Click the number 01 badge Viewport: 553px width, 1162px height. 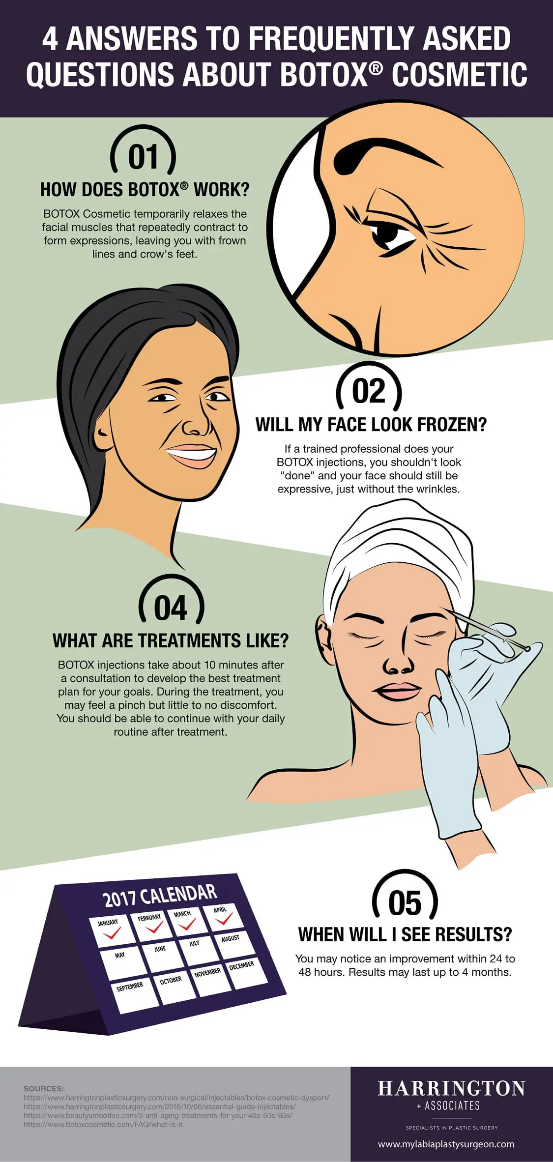pyautogui.click(x=143, y=157)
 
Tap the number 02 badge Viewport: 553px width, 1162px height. pyautogui.click(x=369, y=391)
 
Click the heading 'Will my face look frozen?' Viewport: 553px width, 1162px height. pyautogui.click(x=371, y=425)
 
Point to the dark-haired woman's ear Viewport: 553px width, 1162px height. pyautogui.click(x=104, y=433)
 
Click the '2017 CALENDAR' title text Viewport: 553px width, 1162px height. pyautogui.click(x=160, y=896)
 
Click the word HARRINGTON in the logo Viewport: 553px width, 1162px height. pyautogui.click(x=451, y=1088)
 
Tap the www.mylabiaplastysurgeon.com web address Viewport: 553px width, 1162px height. pyautogui.click(x=446, y=1144)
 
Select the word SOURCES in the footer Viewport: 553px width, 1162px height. pyautogui.click(x=44, y=1088)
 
